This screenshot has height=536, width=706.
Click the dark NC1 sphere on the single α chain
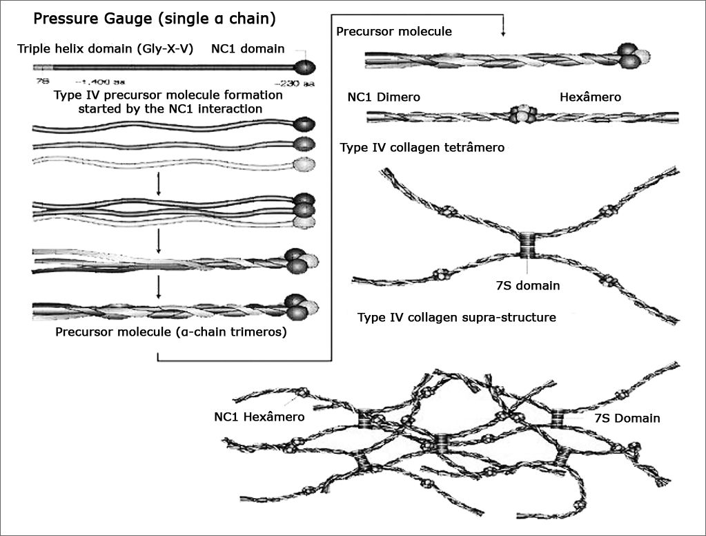click(305, 68)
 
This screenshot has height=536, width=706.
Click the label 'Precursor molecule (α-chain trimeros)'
click(171, 332)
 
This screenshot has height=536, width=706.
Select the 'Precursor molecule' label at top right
click(394, 31)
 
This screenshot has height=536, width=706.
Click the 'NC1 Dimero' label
click(384, 97)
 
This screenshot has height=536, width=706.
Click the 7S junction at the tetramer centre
click(529, 245)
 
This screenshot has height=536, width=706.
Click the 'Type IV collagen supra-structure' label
click(457, 318)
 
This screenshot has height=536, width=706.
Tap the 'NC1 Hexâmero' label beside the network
click(259, 416)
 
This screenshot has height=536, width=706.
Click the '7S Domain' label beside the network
click(627, 418)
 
